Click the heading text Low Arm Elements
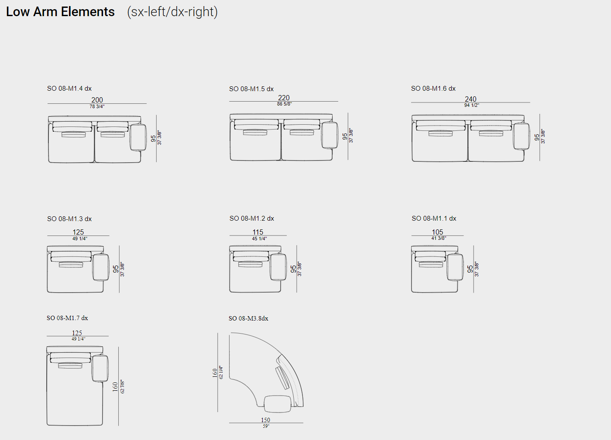click(x=60, y=12)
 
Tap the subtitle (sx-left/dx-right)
click(x=172, y=12)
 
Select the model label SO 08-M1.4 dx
click(x=69, y=89)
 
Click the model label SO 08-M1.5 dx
click(x=251, y=89)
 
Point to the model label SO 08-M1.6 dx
click(x=433, y=89)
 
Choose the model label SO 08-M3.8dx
click(x=248, y=318)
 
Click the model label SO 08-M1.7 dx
click(x=67, y=318)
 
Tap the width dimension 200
click(x=97, y=100)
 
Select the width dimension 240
click(x=470, y=99)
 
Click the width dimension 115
click(x=258, y=232)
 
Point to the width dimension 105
click(x=437, y=232)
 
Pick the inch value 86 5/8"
click(x=284, y=104)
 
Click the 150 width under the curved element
click(x=265, y=420)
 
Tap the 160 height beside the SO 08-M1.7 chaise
click(x=115, y=387)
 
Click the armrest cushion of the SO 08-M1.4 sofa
click(x=138, y=137)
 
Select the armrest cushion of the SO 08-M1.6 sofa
click(x=521, y=136)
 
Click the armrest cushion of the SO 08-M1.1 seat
click(x=455, y=267)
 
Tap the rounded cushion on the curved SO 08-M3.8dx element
click(x=278, y=404)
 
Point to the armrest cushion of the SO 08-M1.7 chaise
click(x=100, y=368)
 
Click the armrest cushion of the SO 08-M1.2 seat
click(x=278, y=267)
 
